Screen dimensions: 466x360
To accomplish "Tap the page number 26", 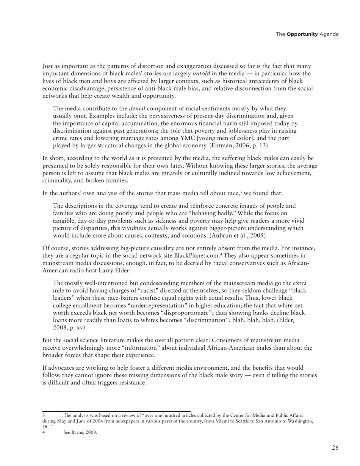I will [x=335, y=448].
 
